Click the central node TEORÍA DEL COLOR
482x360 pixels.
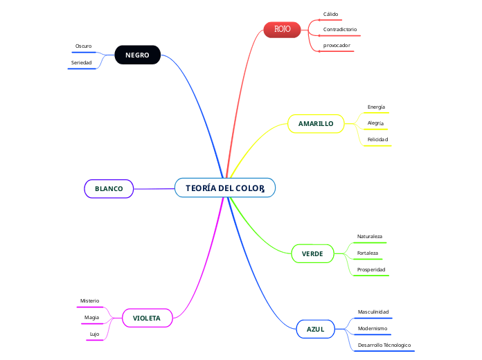(225, 188)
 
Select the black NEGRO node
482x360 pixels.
(137, 55)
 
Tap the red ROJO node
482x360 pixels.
(282, 29)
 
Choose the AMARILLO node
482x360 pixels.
(316, 123)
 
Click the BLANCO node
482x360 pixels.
(109, 188)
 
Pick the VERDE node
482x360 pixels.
(312, 253)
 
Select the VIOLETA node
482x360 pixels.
(147, 318)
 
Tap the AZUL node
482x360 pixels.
(315, 328)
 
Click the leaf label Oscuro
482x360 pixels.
(83, 46)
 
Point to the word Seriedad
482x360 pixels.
(81, 62)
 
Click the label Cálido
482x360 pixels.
(331, 14)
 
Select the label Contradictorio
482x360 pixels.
(340, 30)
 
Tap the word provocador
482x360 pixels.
(337, 45)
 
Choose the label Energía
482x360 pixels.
(376, 107)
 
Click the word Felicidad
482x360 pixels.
(377, 139)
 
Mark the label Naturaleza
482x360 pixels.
(369, 236)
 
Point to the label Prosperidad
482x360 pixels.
(371, 269)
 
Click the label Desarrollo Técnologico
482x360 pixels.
(384, 344)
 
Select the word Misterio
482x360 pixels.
(89, 300)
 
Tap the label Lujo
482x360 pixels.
(94, 334)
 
